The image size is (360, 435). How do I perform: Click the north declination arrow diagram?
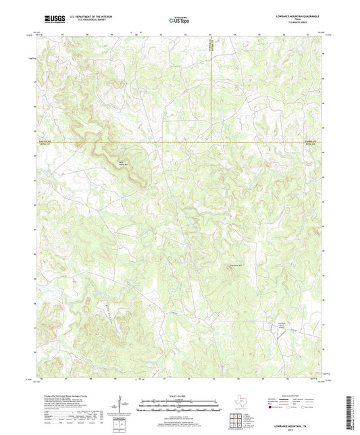(120, 406)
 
